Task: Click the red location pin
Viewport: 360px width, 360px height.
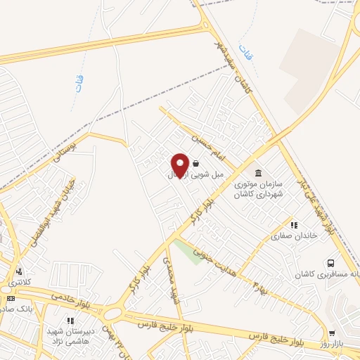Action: coord(179,165)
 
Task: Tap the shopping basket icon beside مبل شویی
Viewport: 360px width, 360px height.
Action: coord(195,163)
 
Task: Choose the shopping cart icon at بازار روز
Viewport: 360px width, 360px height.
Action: coord(332,334)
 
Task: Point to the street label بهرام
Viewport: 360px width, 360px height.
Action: coord(259,281)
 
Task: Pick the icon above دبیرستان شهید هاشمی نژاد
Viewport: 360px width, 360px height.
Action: coord(70,321)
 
